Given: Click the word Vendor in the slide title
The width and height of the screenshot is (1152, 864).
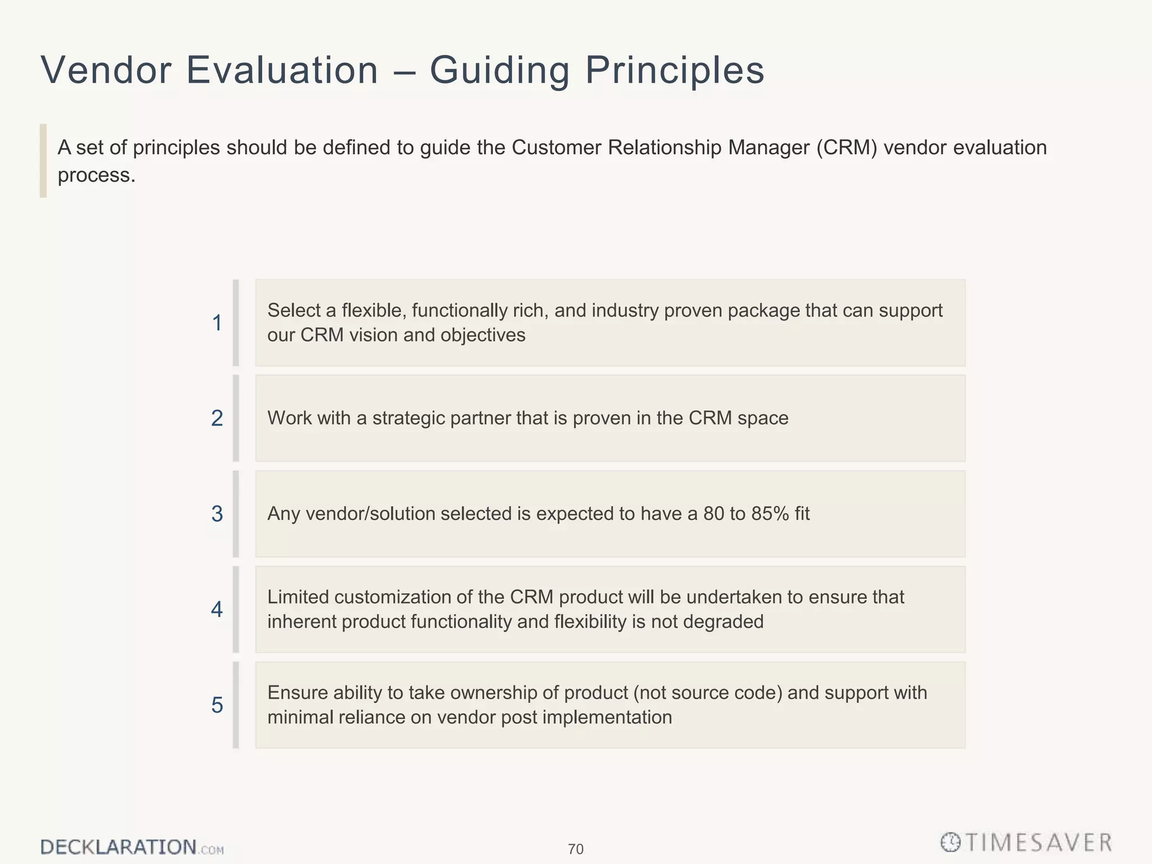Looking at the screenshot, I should coord(106,70).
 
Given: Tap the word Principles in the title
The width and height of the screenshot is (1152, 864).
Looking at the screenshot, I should coord(674,70).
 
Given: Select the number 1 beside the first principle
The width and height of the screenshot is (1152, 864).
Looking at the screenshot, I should coord(217,323).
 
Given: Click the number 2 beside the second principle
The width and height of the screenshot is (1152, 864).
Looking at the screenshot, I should coord(217,418).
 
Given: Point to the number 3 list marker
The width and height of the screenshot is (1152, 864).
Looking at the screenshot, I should coord(217,514).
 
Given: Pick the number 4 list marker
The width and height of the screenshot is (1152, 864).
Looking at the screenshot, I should coord(217,609).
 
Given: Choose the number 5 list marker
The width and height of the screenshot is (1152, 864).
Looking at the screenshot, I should coord(217,705).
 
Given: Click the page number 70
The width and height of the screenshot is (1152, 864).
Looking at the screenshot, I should coord(575,849).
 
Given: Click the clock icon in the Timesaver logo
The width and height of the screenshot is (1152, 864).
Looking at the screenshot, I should coord(950,842).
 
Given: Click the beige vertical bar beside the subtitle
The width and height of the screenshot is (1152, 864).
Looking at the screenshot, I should coord(43,160).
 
